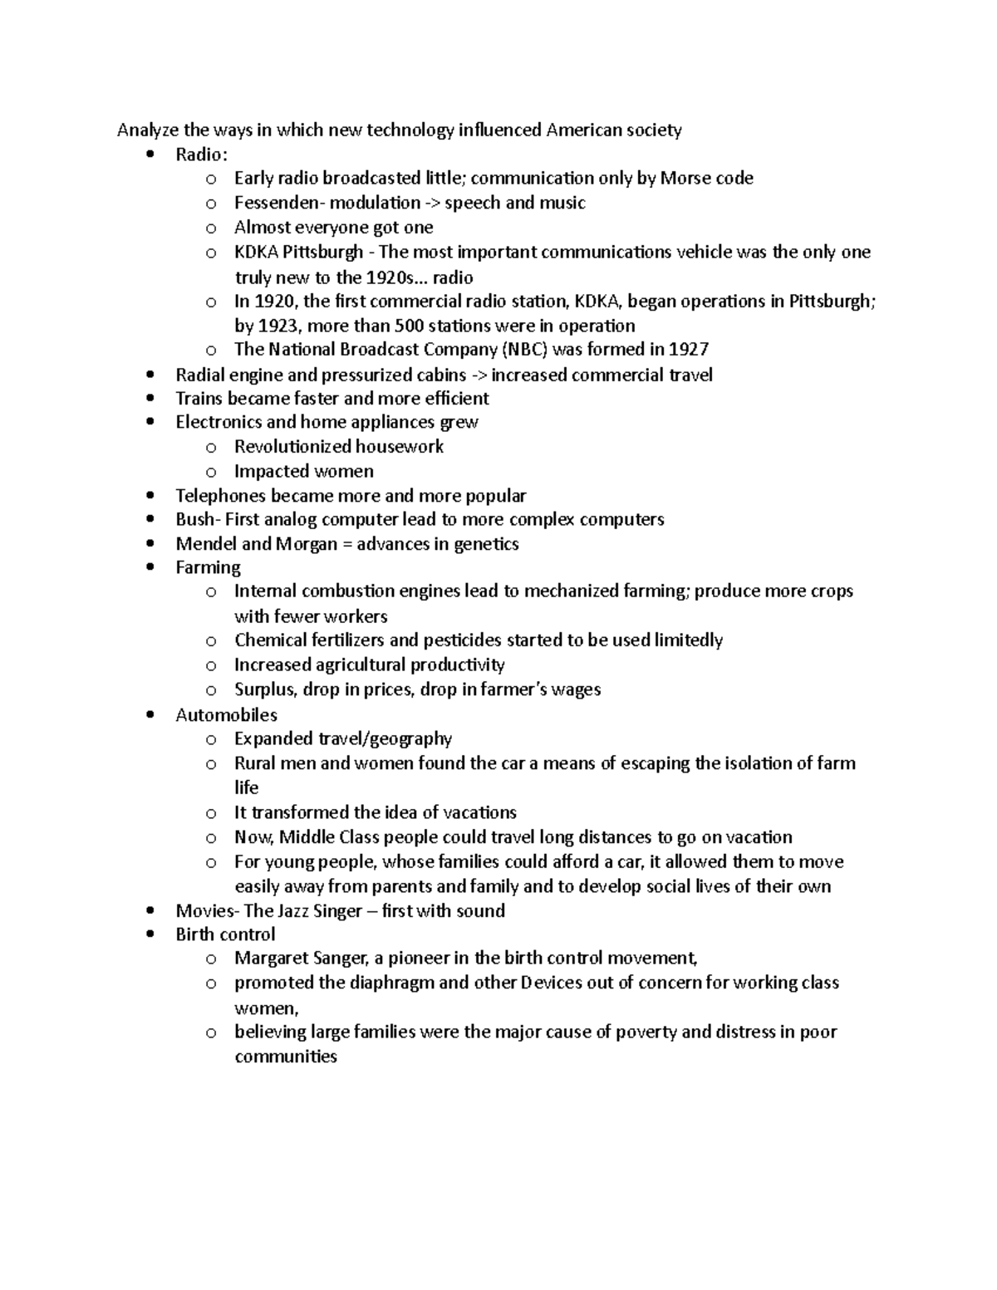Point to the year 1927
(x=689, y=350)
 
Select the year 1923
(x=281, y=326)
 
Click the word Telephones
(x=219, y=496)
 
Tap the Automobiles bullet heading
(x=226, y=715)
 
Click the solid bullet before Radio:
(x=150, y=155)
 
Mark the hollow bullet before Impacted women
(x=211, y=472)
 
